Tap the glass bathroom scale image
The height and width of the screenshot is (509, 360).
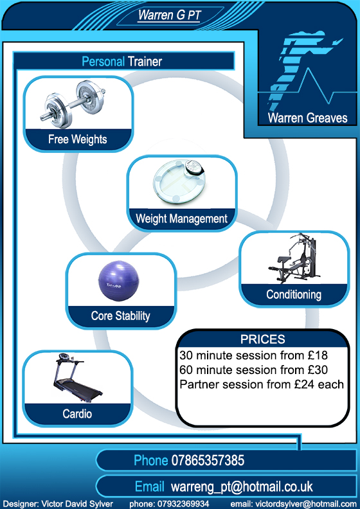tap(179, 183)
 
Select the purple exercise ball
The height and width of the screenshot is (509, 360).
tap(118, 281)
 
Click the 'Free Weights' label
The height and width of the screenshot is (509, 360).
tap(78, 139)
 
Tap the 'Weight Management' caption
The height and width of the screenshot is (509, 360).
tap(181, 219)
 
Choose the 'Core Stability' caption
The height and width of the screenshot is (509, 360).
tap(120, 316)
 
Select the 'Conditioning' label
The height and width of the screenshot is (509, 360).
tap(294, 294)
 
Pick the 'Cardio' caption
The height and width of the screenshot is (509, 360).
tap(77, 414)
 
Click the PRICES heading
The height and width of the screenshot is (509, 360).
tap(263, 339)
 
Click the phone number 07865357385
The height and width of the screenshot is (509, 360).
tap(208, 460)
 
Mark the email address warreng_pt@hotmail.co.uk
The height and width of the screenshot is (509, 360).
tap(242, 487)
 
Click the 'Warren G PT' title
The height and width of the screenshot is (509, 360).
tap(169, 15)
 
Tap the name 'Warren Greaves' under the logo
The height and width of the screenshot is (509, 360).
tap(307, 118)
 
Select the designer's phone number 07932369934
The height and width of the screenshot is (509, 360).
tap(183, 504)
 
